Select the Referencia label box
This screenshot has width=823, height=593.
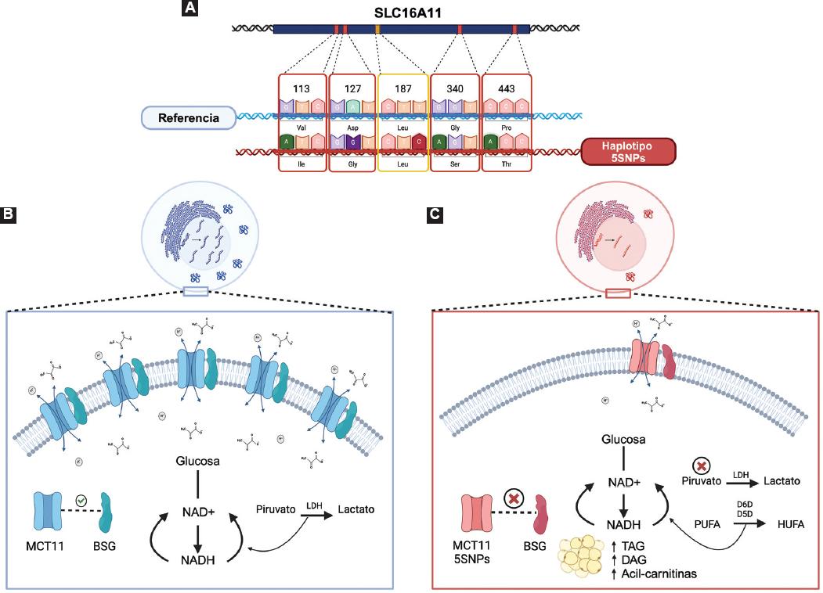[187, 118]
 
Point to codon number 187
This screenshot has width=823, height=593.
[402, 88]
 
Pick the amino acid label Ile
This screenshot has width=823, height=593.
[301, 165]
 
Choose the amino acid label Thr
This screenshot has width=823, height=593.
[506, 165]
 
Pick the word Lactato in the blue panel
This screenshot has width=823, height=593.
[356, 509]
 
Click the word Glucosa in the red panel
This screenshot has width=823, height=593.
[623, 440]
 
